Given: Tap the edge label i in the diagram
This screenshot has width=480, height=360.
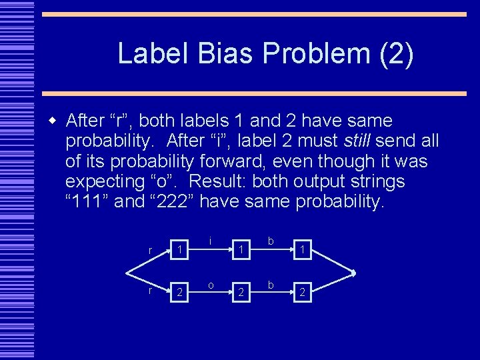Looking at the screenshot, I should coord(211,241).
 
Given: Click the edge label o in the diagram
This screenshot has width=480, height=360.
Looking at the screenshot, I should coord(211,285).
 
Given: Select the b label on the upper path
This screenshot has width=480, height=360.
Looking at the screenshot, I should coord(271,241).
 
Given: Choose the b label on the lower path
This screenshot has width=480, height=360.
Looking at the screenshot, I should coord(271,285).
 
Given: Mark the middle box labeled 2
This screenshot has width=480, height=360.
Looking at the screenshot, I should coord(241,291).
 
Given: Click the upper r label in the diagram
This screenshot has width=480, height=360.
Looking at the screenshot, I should coord(150,250).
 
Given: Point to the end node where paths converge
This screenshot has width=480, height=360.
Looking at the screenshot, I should coord(354,273).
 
